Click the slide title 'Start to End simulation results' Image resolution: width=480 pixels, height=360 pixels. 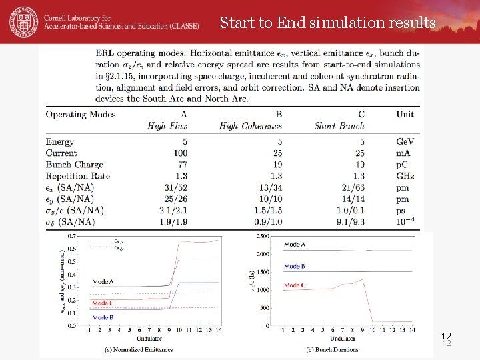click(327, 23)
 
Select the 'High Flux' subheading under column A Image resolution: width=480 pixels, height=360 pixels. click(167, 126)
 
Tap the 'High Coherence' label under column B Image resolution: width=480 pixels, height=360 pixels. click(251, 126)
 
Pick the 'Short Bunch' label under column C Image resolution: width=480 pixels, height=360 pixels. click(339, 126)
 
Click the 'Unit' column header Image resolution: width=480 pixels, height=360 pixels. click(405, 114)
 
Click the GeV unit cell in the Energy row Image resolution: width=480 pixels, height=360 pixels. click(405, 142)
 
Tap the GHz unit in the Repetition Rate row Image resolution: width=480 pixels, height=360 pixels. click(405, 176)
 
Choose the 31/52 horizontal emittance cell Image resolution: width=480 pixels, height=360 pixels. click(175, 187)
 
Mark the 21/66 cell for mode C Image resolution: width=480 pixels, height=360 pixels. click(351, 187)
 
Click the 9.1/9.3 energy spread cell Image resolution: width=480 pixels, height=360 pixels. click(349, 221)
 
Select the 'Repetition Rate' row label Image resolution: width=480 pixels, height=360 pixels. click(78, 176)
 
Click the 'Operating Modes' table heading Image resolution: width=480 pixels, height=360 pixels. click(81, 114)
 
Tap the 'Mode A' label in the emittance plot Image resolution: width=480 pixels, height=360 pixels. click(103, 282)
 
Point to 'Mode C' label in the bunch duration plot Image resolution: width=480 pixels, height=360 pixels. click(295, 285)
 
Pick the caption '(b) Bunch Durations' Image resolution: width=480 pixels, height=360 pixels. click(331, 349)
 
